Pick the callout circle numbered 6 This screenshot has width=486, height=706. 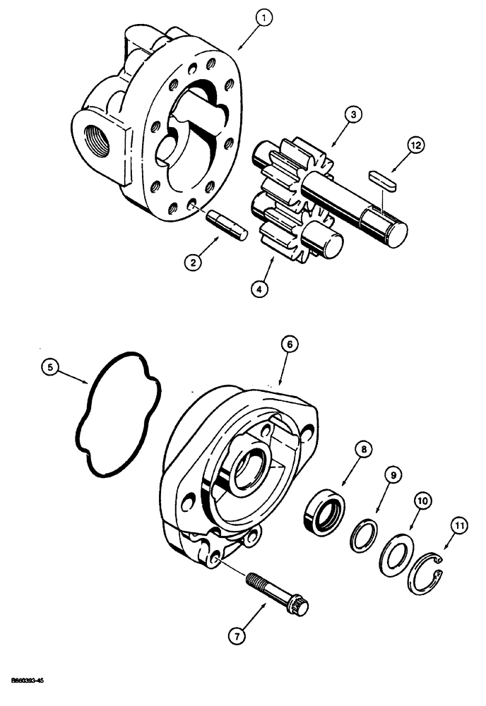290,345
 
